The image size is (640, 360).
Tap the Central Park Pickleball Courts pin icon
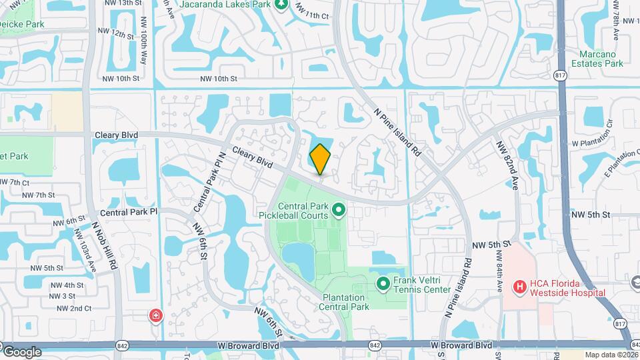coord(338,211)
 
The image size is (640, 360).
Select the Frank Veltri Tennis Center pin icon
coord(383,285)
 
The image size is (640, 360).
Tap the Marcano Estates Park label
coord(591,59)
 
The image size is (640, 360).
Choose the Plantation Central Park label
coord(343,302)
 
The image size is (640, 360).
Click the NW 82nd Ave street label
coord(508,163)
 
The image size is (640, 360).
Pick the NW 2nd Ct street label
coord(74,308)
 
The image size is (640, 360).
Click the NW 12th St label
coord(109,33)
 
